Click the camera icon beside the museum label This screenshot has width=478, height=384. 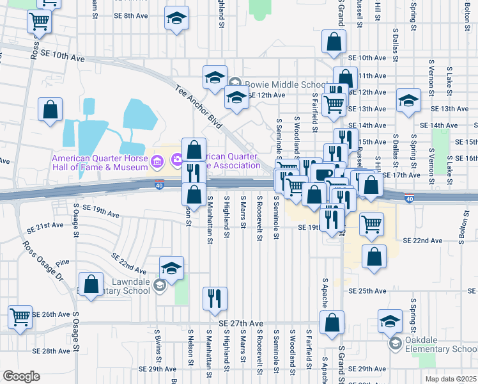158,159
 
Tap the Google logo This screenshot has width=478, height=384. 21,376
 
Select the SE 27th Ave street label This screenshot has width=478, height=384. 241,324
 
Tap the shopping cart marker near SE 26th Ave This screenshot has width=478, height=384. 20,316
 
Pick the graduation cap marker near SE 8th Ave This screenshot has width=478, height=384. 176,19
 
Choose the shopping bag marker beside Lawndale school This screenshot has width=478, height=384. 91,283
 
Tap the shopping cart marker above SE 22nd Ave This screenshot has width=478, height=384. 371,224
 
